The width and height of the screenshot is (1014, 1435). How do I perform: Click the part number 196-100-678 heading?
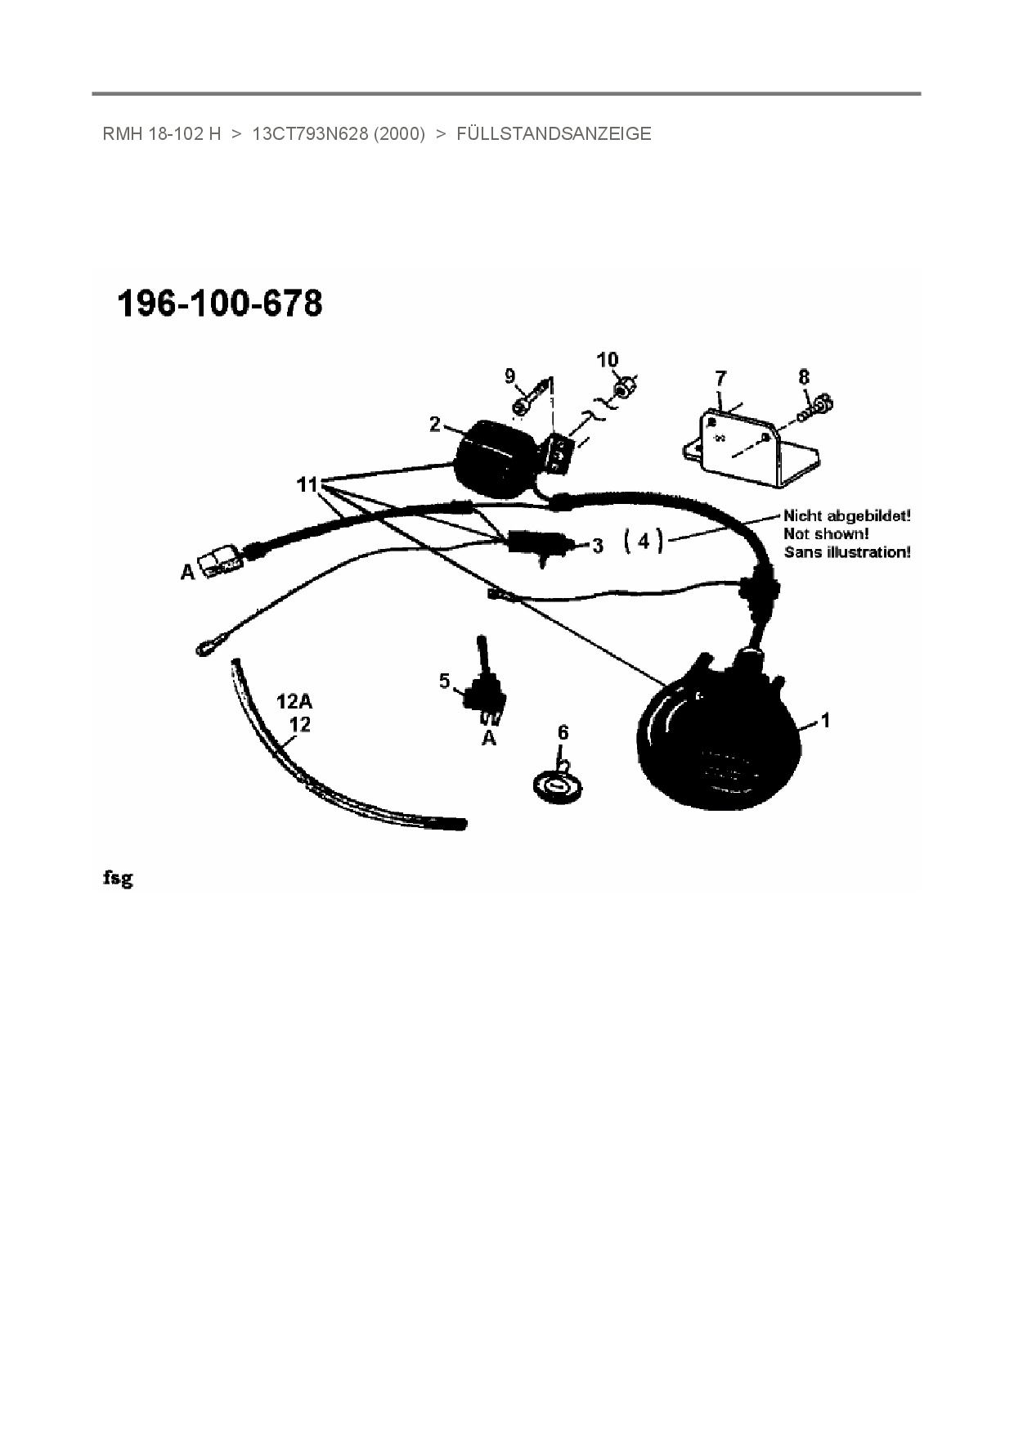221,304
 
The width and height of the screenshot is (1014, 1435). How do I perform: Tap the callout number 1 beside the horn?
826,720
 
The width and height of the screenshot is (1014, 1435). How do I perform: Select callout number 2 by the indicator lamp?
435,424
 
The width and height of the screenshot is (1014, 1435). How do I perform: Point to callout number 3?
598,545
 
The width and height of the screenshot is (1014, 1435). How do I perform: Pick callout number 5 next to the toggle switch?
445,681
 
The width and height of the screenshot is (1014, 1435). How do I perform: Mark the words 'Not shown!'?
826,534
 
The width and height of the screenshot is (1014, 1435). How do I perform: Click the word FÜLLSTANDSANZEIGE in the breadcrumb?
554,134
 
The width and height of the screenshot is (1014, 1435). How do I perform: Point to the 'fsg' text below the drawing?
118,879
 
